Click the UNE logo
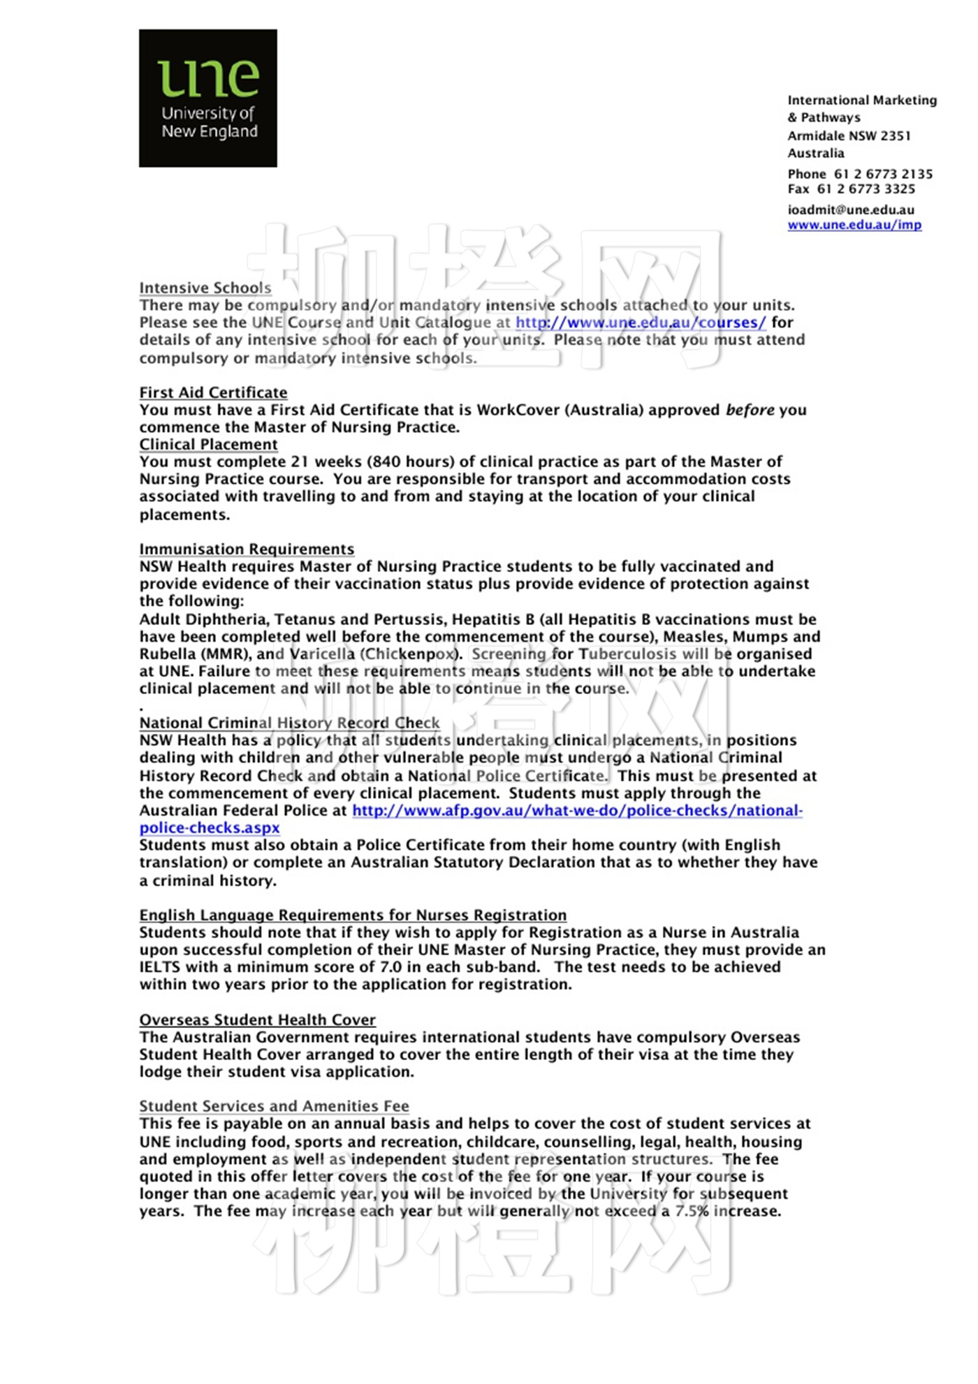tap(207, 98)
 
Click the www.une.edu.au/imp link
tap(854, 225)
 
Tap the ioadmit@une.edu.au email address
tap(851, 209)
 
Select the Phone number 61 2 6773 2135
tap(883, 174)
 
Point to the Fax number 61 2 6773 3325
tap(866, 189)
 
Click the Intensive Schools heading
tap(205, 288)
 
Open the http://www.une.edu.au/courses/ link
tap(641, 323)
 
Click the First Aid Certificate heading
tap(213, 392)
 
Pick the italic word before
tap(750, 410)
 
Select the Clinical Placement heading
tap(208, 445)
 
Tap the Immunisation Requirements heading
tap(247, 550)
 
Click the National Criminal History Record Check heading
tap(289, 723)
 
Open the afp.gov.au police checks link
tap(577, 811)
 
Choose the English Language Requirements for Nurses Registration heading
tap(353, 915)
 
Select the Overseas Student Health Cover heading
tap(257, 1020)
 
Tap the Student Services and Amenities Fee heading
tap(274, 1107)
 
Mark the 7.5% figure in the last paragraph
tap(691, 1212)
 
